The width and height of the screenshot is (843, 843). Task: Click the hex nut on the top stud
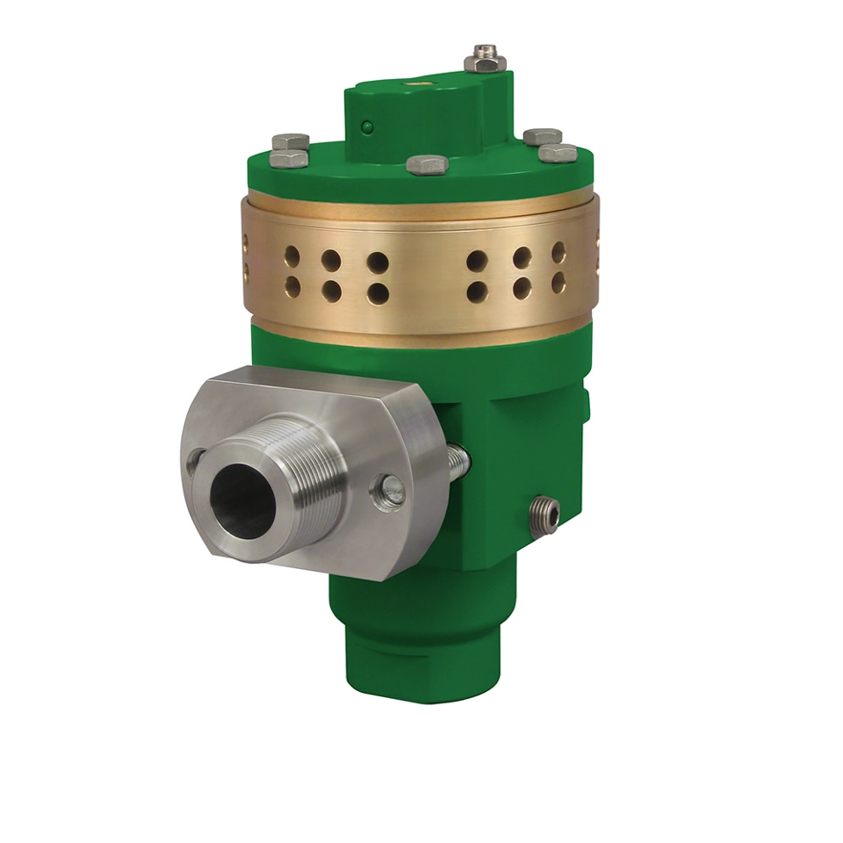pos(483,62)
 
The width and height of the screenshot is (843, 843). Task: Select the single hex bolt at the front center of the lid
pos(428,164)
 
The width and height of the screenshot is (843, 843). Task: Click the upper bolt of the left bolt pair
pos(291,141)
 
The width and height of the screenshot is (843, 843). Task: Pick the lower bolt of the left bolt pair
pos(289,158)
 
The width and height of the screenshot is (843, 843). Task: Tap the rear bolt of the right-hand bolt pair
pos(543,136)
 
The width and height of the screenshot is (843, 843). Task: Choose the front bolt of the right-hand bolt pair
pos(558,154)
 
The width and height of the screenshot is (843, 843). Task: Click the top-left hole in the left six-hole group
pos(292,256)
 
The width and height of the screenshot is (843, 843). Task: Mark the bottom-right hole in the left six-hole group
pos(378,293)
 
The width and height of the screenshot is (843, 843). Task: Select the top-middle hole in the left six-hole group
pos(331,260)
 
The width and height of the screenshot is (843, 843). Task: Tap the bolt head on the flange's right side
pos(390,491)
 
